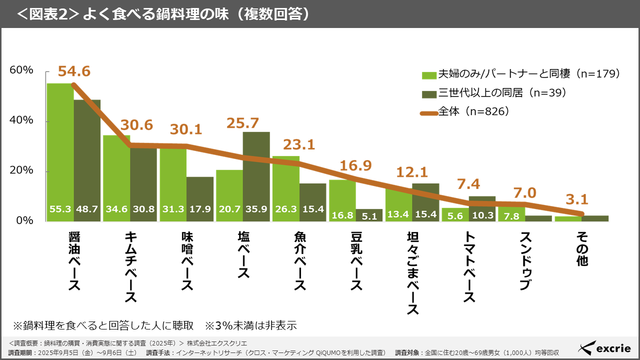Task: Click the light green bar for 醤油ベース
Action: coord(60,150)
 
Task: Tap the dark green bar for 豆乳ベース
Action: coord(369,215)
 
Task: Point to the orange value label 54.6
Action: coord(74,71)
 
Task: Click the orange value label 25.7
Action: coord(243,122)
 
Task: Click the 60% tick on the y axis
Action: coord(21,70)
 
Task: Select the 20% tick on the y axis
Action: coord(21,170)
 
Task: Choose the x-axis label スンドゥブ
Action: coord(525,260)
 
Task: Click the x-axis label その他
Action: coord(582,248)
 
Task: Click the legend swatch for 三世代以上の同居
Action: coord(429,94)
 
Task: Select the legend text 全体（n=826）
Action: coord(474,112)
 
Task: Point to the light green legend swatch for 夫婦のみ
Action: coord(429,75)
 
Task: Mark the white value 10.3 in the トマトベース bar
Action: coord(482,215)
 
